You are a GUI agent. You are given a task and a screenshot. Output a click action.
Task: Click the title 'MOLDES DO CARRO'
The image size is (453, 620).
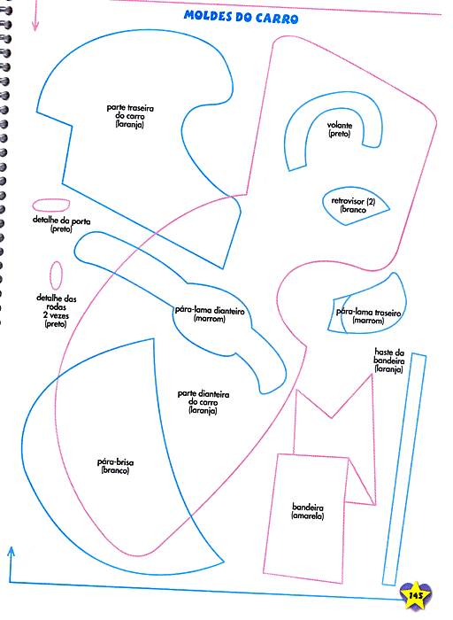[x=241, y=17]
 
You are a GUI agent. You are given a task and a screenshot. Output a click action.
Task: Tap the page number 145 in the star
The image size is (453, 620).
[x=416, y=595]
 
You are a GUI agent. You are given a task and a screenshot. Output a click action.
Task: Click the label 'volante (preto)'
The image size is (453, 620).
[x=339, y=129]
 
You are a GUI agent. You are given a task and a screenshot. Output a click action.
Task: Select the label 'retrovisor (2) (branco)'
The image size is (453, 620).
[x=353, y=205]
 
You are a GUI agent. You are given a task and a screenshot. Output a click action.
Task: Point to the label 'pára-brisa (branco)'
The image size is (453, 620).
[x=115, y=466]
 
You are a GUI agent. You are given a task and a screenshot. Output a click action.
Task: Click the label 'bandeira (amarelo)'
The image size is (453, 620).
[x=308, y=511]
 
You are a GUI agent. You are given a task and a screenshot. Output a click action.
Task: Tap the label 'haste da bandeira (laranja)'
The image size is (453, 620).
[x=389, y=360]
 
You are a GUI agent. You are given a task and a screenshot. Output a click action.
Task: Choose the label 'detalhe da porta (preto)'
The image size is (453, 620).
[x=61, y=224]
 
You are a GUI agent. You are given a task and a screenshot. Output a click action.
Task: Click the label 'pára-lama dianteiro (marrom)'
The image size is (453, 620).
[x=210, y=314]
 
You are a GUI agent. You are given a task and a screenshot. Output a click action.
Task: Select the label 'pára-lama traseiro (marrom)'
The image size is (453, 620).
[x=368, y=316]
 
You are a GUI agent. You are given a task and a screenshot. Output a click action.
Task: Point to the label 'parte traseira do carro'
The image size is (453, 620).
[x=130, y=112]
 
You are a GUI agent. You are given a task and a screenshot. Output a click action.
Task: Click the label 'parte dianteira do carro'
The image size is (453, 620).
[x=203, y=398]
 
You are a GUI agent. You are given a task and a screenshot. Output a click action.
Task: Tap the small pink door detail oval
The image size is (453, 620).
[x=51, y=205]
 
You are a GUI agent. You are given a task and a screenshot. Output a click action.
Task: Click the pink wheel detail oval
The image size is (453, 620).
[x=56, y=275]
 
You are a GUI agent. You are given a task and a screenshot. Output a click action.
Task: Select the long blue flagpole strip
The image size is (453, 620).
[x=404, y=469]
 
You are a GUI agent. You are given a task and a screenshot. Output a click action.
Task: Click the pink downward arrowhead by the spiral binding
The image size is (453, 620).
[x=35, y=27]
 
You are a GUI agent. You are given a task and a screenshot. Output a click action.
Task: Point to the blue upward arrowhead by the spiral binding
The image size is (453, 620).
[x=11, y=551]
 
